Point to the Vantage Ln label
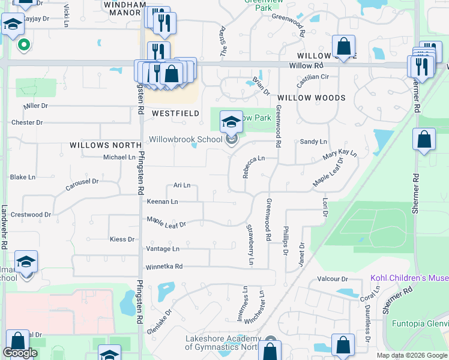(x=163, y=248)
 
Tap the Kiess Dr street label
(x=122, y=239)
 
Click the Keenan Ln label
(x=162, y=202)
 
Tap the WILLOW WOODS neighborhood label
(x=311, y=97)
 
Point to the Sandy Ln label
(x=313, y=142)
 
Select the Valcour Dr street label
(x=333, y=279)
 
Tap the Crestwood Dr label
(x=31, y=214)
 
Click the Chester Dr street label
(x=27, y=122)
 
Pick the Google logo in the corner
(x=19, y=353)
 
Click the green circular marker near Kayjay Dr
(x=23, y=44)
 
